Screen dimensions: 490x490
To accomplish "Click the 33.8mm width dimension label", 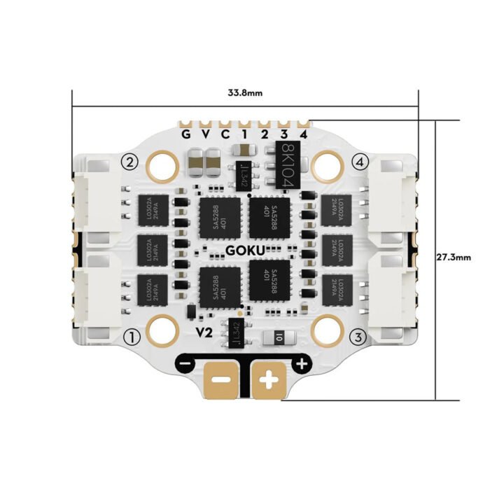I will (x=245, y=92).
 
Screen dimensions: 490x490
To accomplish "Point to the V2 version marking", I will (x=204, y=331).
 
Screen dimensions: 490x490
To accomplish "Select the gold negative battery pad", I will (x=220, y=381).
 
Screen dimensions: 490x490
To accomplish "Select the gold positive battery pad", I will (x=269, y=381).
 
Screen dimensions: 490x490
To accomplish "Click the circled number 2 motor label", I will (x=129, y=162).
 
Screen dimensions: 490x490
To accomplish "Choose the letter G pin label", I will (x=186, y=134).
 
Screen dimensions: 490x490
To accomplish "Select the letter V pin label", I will (x=206, y=134).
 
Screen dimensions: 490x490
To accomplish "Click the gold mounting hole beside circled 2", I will (x=163, y=165).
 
